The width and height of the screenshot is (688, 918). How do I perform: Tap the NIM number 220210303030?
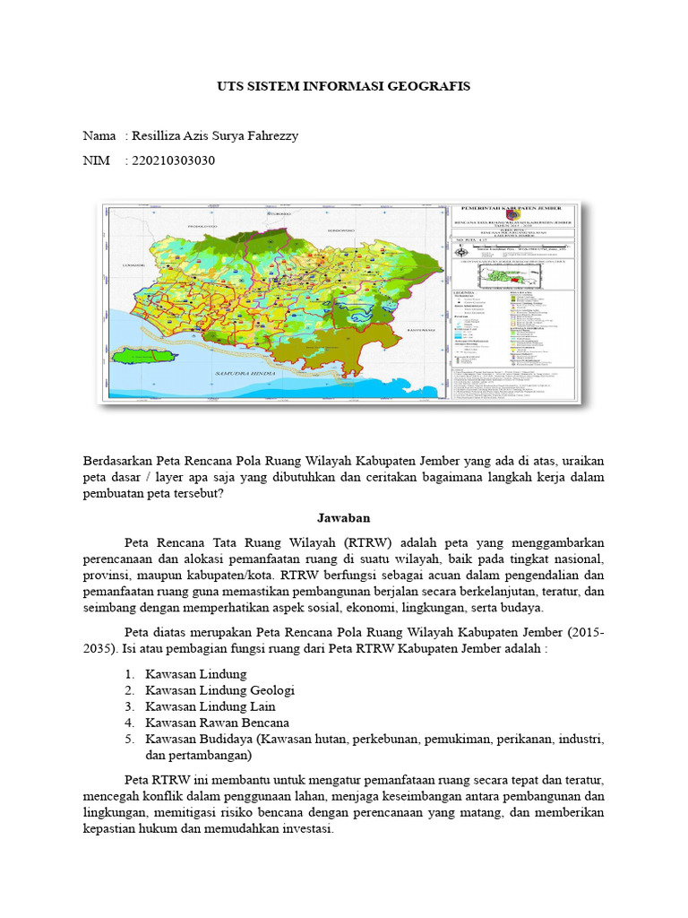click(174, 160)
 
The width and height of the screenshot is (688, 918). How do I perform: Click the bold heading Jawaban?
click(344, 518)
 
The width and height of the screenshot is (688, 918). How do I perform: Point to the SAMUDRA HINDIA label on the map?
click(229, 369)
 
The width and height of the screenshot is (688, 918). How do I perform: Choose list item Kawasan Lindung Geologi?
click(219, 690)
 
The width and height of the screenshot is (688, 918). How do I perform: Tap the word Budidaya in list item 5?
click(228, 739)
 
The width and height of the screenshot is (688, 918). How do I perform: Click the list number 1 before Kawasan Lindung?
click(130, 674)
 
